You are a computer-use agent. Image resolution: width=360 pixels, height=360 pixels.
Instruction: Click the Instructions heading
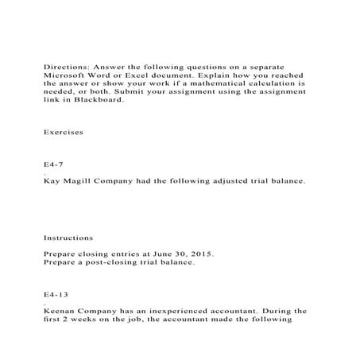68,237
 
